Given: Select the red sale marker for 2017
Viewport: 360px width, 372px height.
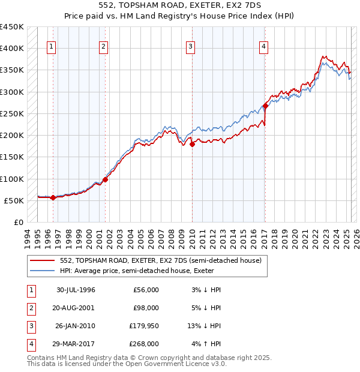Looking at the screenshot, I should (265, 106).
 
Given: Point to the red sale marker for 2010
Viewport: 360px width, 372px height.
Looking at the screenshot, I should (193, 144).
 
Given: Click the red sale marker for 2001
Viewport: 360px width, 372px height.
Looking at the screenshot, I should (105, 179).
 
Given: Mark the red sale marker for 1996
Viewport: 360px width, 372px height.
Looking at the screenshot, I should (53, 197).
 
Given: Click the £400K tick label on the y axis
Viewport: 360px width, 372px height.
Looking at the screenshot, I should (12, 49).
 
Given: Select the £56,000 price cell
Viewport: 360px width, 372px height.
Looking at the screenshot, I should (146, 290).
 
